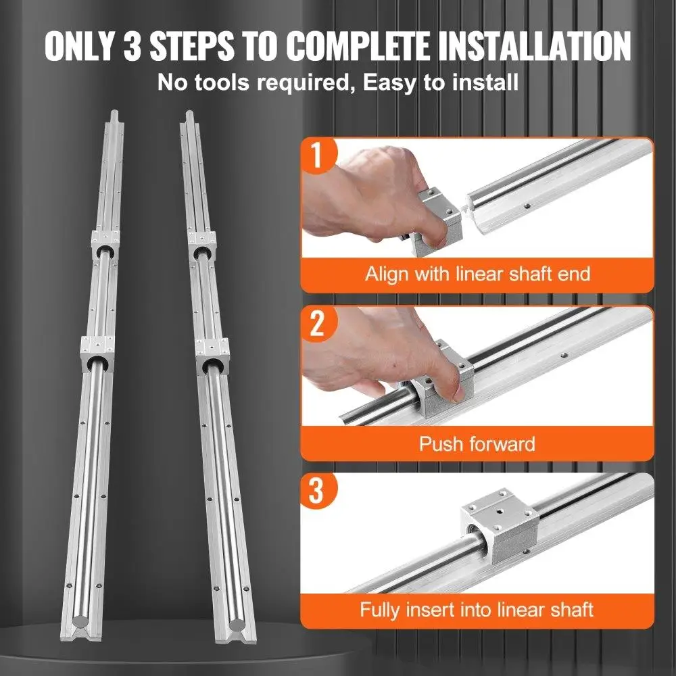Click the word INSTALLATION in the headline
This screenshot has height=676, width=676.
click(534, 45)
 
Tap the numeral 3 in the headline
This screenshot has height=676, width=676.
click(132, 45)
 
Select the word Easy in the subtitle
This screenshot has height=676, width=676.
click(389, 82)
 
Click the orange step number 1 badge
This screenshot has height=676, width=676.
click(318, 155)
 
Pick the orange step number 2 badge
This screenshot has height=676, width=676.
click(317, 324)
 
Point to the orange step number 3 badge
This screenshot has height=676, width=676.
click(317, 491)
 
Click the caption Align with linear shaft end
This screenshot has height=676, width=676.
click(477, 274)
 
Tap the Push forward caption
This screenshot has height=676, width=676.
click(477, 443)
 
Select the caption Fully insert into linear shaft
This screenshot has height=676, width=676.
click(477, 610)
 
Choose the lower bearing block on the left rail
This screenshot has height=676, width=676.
click(97, 354)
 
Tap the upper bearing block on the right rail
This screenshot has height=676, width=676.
click(201, 245)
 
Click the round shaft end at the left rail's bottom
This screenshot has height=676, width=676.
click(81, 621)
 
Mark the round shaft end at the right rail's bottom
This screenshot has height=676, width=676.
click(237, 624)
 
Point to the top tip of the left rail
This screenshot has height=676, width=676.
click(114, 112)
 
